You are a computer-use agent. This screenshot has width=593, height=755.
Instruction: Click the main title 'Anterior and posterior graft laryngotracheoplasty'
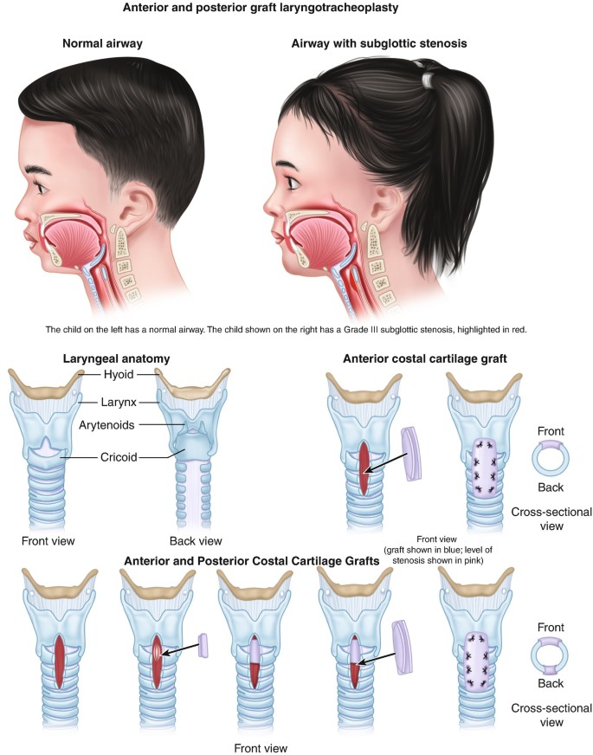(296, 9)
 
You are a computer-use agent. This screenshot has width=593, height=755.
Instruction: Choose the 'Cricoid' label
(116, 456)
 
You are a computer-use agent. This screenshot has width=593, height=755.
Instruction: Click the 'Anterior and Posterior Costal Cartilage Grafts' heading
(252, 561)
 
